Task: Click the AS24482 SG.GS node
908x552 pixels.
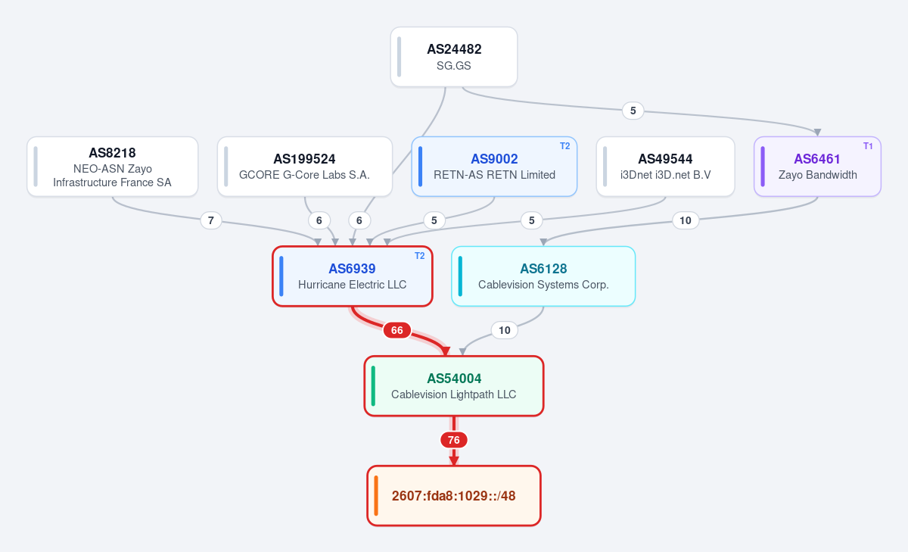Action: point(454,57)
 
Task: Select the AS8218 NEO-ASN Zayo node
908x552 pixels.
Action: point(113,167)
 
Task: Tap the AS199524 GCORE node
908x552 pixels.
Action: point(305,167)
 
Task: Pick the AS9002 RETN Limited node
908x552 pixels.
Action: point(494,167)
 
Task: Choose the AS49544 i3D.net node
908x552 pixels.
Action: point(666,167)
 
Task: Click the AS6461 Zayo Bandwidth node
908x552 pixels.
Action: point(818,167)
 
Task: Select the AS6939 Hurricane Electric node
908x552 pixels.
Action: point(353,276)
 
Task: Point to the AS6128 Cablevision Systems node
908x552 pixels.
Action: point(543,276)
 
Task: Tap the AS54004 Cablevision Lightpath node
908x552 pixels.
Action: point(454,386)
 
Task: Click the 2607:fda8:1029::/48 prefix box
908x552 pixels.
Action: point(454,496)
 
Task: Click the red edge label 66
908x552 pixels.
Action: point(397,330)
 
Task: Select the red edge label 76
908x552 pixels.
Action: point(454,440)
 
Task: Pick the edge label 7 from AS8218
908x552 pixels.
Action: point(211,220)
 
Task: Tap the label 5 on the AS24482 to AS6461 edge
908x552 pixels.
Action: point(633,111)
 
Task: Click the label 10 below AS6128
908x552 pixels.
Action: point(504,330)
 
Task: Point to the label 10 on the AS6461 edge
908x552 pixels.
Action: point(686,220)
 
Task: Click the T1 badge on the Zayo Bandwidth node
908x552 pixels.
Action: point(868,146)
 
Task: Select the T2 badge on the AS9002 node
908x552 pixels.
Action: point(564,146)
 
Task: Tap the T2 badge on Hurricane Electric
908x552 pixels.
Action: point(419,256)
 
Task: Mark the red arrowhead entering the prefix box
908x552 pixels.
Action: point(454,460)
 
